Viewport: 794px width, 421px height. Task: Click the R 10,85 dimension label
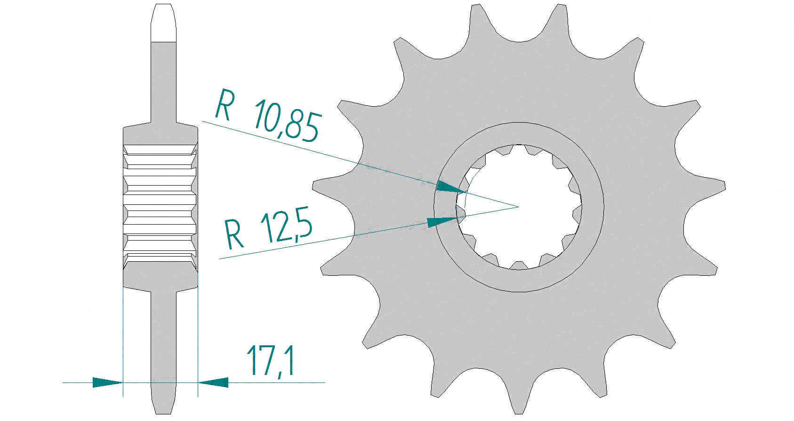tap(268, 115)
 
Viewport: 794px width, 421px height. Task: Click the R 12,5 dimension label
tap(268, 229)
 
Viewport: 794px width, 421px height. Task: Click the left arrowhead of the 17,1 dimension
tap(107, 382)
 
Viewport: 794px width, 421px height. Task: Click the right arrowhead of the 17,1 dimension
tap(213, 382)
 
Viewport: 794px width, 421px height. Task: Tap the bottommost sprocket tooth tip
tap(519, 413)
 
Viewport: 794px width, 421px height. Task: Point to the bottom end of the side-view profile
tap(163, 413)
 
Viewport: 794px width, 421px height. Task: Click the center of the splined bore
tap(519, 207)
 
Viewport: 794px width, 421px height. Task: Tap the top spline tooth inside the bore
tap(519, 148)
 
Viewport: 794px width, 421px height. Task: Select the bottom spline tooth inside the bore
tap(519, 265)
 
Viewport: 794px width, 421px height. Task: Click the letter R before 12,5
tap(234, 234)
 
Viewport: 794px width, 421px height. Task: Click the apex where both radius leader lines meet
tap(519, 207)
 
